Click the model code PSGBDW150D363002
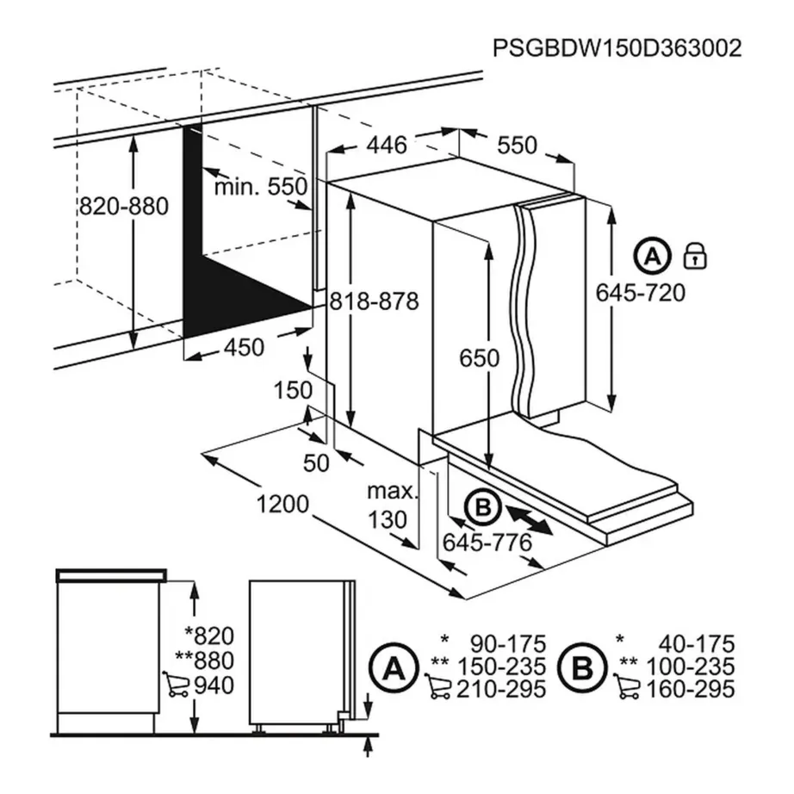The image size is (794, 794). (617, 48)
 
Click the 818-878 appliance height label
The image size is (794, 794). (374, 301)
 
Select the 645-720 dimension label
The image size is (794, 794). (641, 293)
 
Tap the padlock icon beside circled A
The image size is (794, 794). (694, 256)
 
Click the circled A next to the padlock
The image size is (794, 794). (653, 256)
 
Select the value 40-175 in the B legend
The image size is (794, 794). (695, 643)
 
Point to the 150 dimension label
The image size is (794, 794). (293, 390)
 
